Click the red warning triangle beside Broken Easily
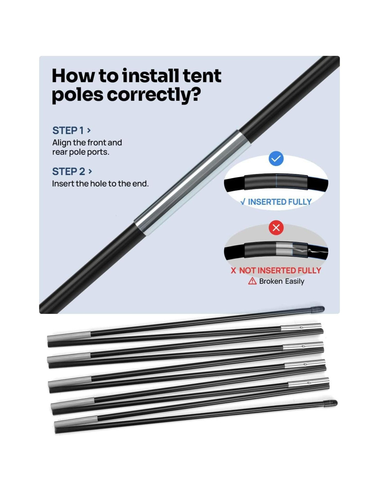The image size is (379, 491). pos(252,281)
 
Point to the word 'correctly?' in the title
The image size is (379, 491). pos(154,95)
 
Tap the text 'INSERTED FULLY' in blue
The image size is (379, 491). pos(279,202)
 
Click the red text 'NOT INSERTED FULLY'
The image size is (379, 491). pos(280,270)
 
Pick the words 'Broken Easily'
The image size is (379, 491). pos(281,281)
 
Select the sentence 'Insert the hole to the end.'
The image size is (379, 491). pos(100,184)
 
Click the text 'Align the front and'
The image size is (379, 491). pos(87,143)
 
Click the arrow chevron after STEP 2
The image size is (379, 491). pos(90,172)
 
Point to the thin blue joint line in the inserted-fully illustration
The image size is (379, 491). pos(276,181)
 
